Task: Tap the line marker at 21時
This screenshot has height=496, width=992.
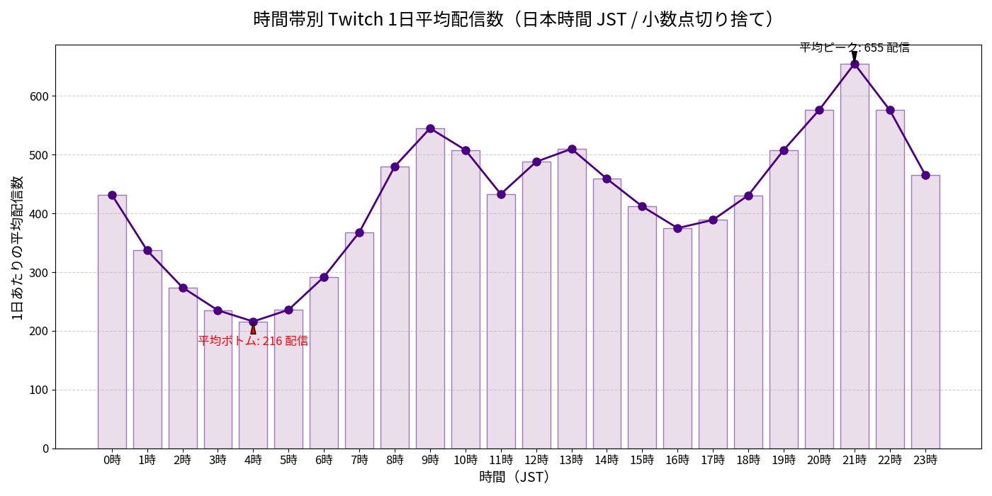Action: (x=855, y=64)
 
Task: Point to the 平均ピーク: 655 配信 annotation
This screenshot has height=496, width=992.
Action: (x=855, y=47)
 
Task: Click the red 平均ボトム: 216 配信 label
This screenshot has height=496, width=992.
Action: (x=253, y=341)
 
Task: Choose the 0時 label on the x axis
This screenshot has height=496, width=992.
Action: (x=112, y=460)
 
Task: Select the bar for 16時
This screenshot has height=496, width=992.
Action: (x=677, y=340)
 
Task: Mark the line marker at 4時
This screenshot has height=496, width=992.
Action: (x=253, y=322)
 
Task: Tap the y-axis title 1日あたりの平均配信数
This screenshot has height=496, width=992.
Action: (x=18, y=247)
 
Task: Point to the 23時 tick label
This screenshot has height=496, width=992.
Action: (x=925, y=460)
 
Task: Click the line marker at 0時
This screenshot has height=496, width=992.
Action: (x=112, y=195)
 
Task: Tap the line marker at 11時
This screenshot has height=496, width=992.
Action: (x=501, y=194)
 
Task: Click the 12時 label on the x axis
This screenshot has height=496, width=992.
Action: (x=536, y=460)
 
